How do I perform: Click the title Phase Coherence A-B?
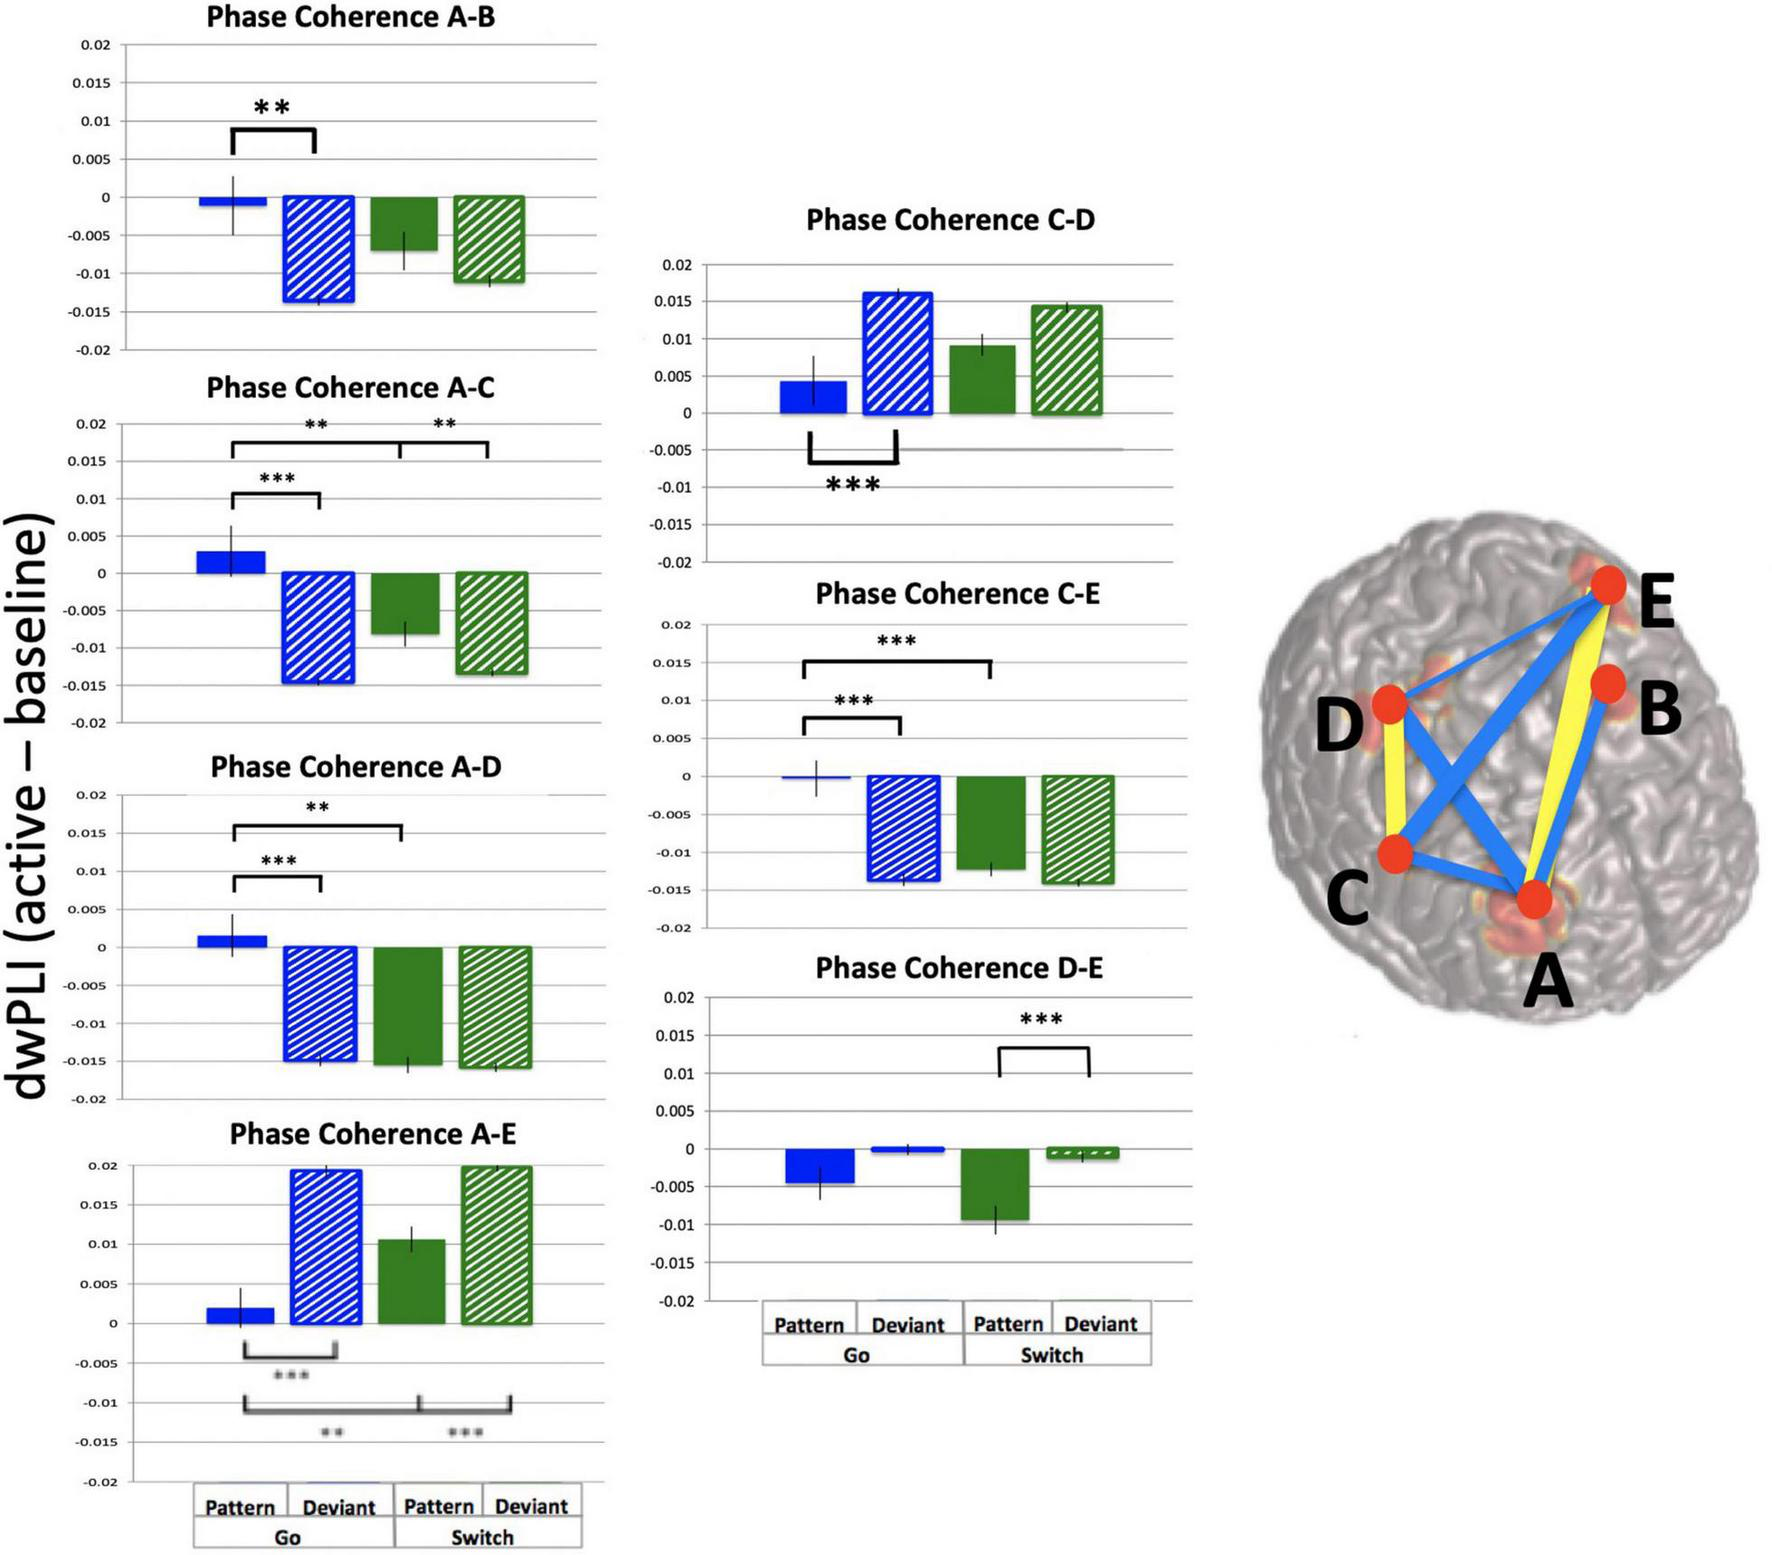pos(350,17)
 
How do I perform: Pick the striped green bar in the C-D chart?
pos(1067,359)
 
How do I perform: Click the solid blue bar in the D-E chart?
pos(820,1166)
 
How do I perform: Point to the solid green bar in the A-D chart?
pos(408,1005)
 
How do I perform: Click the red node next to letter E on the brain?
pos(1608,585)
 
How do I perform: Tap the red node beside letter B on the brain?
pos(1607,684)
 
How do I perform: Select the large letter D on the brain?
pos(1339,725)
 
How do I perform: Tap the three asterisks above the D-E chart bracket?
pos(1041,1020)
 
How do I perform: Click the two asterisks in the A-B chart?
pos(272,107)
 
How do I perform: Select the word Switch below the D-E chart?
pos(1052,1355)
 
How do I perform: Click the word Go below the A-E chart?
pos(287,1537)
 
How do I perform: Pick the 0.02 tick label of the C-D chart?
pos(677,265)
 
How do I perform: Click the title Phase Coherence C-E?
pos(957,594)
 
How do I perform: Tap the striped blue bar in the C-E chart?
pos(903,828)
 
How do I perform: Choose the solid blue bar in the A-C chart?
pos(231,562)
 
